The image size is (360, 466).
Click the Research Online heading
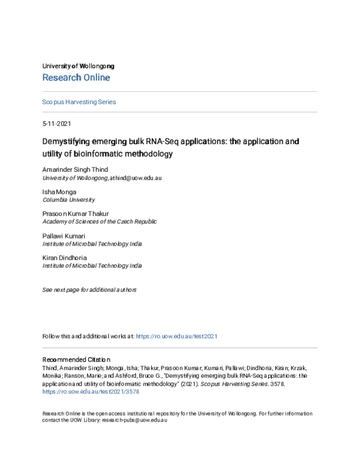pyautogui.click(x=76, y=77)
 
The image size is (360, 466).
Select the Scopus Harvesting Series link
pyautogui.click(x=79, y=102)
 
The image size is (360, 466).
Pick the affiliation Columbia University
pyautogui.click(x=68, y=199)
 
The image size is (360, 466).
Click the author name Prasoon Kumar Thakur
pyautogui.click(x=76, y=213)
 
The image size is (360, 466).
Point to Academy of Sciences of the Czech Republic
pyautogui.click(x=100, y=221)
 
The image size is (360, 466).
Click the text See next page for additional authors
pyautogui.click(x=89, y=289)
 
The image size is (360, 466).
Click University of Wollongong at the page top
pyautogui.click(x=78, y=66)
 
